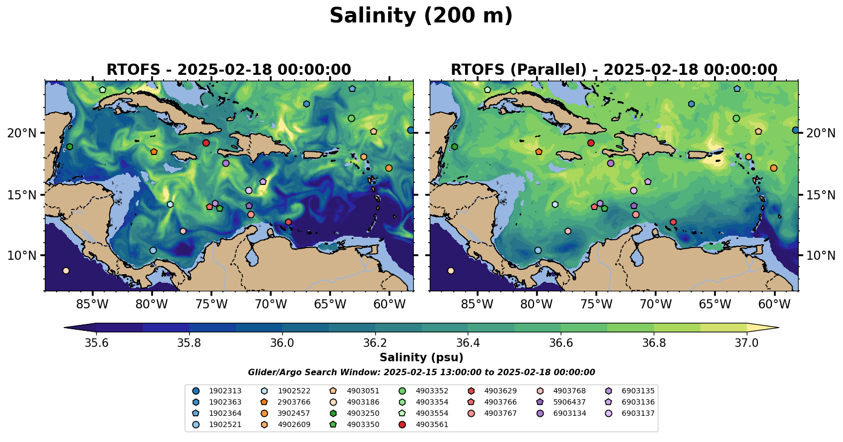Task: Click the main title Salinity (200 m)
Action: (x=421, y=16)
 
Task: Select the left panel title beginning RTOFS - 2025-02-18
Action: (x=229, y=70)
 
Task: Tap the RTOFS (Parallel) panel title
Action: (x=614, y=70)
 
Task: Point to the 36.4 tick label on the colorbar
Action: (x=468, y=343)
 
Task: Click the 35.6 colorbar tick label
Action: (x=97, y=343)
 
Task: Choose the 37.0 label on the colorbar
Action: (x=746, y=343)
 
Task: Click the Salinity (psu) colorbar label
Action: (x=421, y=358)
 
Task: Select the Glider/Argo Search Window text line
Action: (x=421, y=373)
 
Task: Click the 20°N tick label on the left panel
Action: (x=22, y=133)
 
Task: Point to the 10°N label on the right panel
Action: (x=821, y=255)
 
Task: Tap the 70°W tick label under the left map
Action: (x=270, y=305)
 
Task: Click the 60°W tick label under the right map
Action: (x=774, y=305)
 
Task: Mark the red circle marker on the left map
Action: (x=206, y=143)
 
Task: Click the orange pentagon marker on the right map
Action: (x=538, y=152)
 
